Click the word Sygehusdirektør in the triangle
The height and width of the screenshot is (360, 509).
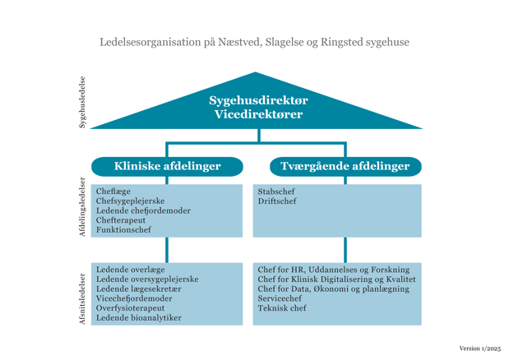coord(258,100)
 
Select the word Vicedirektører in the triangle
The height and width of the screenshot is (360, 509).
coord(258,114)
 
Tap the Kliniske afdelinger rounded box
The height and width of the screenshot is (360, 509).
coord(167,166)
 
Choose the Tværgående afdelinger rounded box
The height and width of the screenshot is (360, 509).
coord(345,166)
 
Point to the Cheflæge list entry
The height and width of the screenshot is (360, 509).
coord(113,192)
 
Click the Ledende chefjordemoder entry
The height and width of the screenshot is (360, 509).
coord(143,210)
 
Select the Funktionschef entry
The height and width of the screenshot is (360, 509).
coord(123,229)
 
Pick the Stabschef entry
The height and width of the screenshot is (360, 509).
coord(276,192)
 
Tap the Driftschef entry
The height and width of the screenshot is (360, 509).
coord(277,201)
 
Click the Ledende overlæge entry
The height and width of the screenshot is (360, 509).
coord(130,270)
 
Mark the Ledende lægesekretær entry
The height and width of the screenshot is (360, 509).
coord(139,289)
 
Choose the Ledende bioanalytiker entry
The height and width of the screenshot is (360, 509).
coord(139,318)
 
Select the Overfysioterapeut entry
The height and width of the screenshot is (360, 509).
coord(130,308)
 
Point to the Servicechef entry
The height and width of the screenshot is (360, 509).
coord(280,298)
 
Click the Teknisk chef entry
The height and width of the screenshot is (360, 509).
coord(282,308)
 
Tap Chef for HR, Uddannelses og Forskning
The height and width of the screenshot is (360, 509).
coord(334,270)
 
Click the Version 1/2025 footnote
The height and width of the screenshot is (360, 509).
coord(479,348)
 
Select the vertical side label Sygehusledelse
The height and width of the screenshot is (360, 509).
coord(82,102)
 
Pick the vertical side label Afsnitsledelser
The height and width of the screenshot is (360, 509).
coord(82,299)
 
